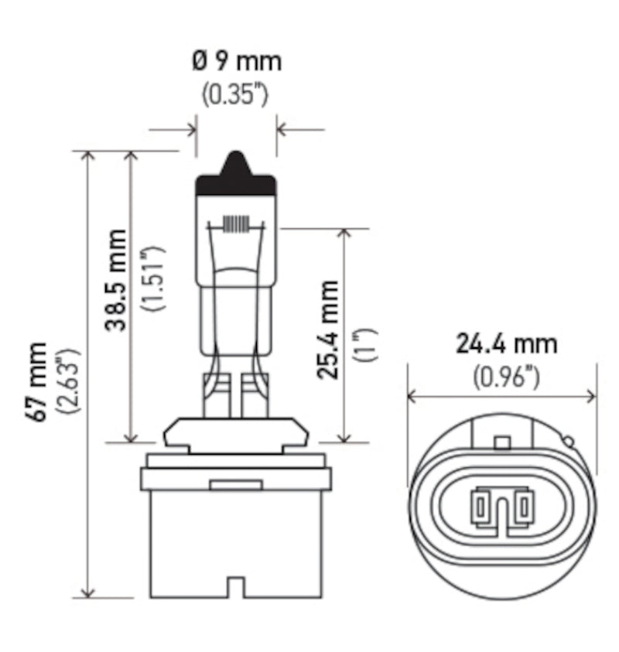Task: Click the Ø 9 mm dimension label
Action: point(236,60)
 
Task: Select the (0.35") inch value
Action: point(235,95)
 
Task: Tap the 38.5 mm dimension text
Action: point(116,279)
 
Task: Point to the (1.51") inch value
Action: point(153,279)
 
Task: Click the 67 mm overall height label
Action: point(36,381)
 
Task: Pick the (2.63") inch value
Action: point(72,381)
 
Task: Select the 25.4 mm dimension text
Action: point(328,329)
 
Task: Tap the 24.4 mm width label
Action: point(506,342)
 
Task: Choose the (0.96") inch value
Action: point(506,377)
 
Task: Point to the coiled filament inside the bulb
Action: point(237,224)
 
